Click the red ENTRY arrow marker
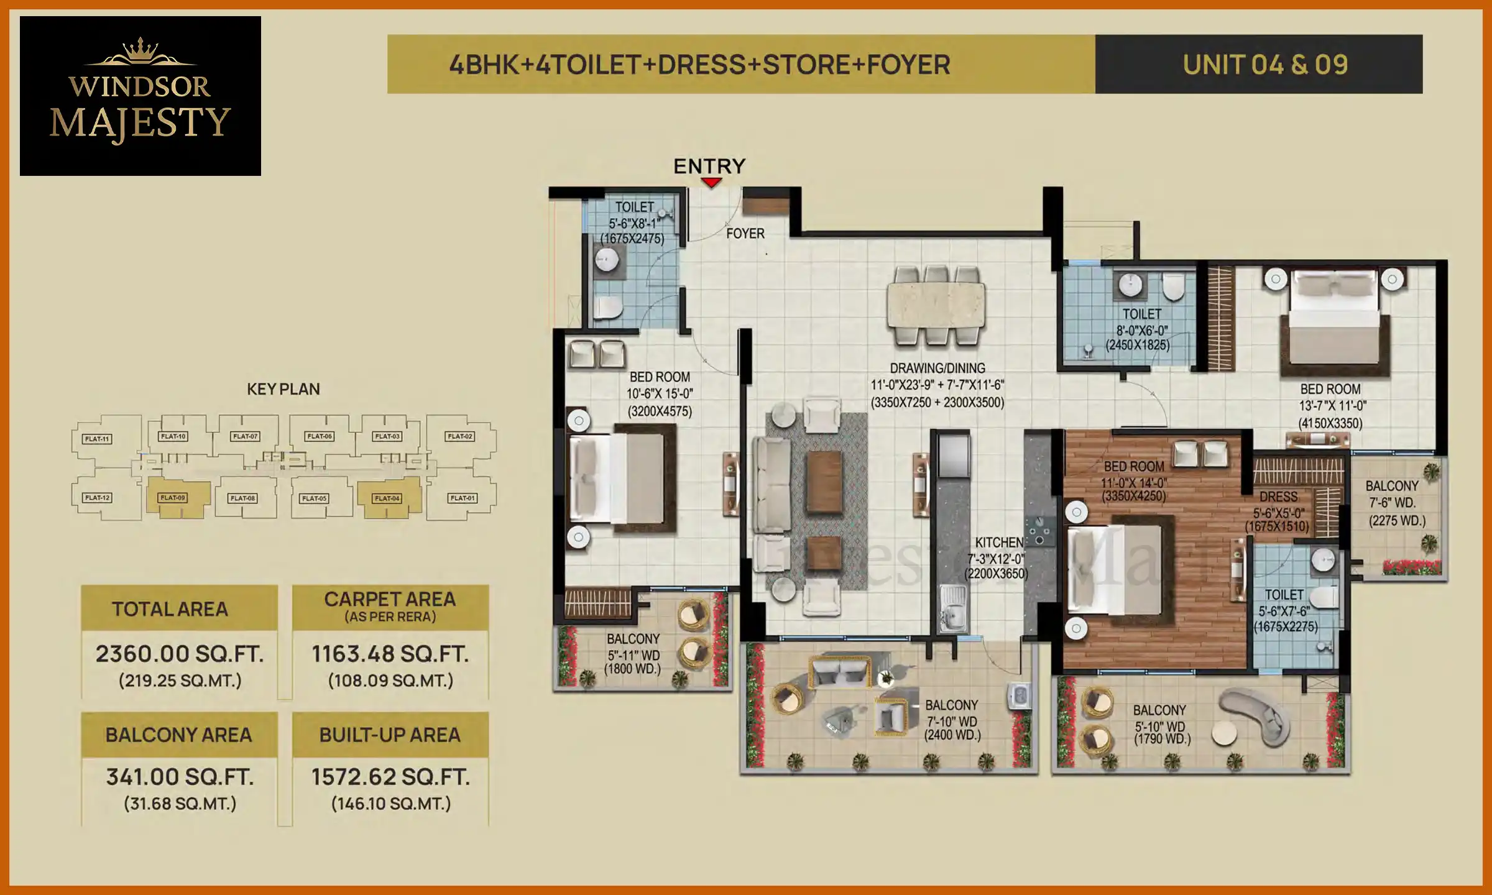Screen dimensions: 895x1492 (711, 182)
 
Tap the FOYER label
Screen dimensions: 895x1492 (745, 234)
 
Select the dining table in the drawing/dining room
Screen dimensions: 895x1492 (936, 305)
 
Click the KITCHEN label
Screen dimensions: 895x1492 (998, 543)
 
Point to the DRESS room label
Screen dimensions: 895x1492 (1278, 497)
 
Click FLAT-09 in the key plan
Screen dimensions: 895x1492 (173, 498)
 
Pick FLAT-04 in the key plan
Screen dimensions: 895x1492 (387, 498)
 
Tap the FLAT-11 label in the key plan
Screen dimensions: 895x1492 (97, 439)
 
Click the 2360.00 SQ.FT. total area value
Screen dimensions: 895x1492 (180, 654)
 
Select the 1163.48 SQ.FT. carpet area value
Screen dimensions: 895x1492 (390, 654)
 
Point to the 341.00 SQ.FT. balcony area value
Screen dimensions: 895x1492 (180, 777)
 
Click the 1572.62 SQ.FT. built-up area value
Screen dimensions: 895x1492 (390, 777)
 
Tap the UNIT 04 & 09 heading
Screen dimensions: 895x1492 (1265, 65)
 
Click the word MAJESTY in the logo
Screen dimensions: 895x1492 (140, 122)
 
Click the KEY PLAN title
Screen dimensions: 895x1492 (283, 389)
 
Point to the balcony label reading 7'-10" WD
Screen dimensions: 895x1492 (952, 722)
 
